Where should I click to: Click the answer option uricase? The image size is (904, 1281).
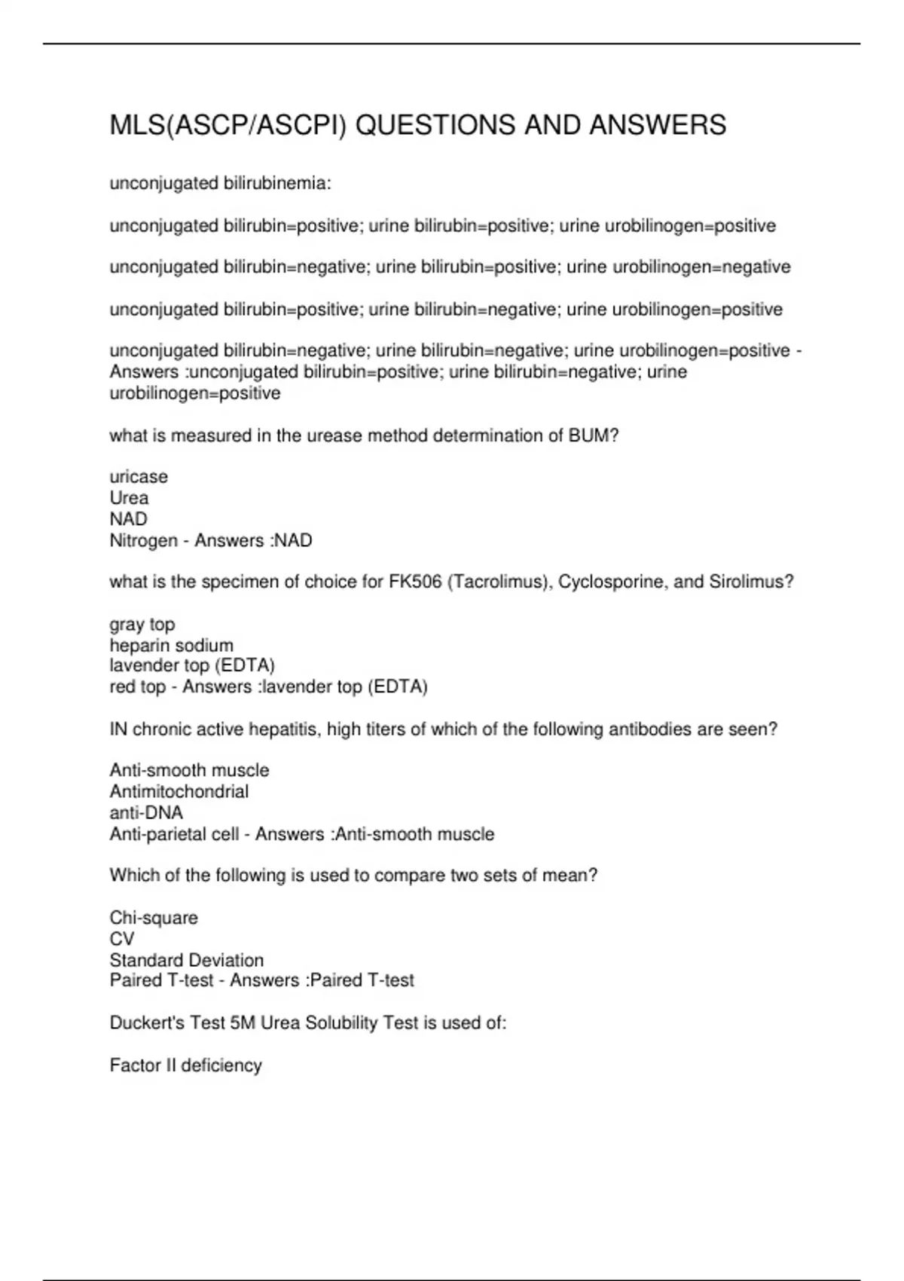[139, 477]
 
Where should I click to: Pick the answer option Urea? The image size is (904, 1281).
[129, 498]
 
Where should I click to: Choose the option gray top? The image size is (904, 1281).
[142, 625]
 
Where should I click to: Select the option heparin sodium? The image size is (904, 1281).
[171, 646]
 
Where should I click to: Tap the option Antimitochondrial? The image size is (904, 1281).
[179, 792]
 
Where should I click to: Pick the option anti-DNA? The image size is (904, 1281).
[146, 813]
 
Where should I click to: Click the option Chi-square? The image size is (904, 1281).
[154, 918]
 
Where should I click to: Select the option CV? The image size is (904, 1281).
[121, 939]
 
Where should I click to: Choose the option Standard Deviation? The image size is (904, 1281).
[186, 960]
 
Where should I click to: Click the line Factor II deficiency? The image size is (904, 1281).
[185, 1065]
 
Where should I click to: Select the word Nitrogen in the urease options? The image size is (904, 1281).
[143, 540]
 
